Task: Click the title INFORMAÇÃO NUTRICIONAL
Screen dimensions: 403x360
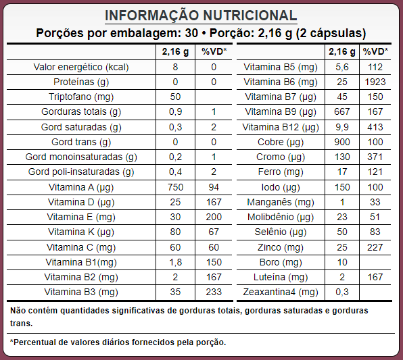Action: tap(201, 16)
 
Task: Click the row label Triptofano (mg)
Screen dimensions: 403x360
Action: tap(81, 97)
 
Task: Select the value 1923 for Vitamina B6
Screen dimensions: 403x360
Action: tap(375, 82)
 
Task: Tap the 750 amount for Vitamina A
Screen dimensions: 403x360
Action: tap(175, 187)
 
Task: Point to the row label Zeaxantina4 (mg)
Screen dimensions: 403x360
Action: tap(281, 292)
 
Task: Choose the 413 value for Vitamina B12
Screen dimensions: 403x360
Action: tap(375, 127)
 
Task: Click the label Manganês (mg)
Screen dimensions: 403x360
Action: tap(281, 203)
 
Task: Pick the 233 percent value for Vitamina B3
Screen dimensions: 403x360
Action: tap(214, 292)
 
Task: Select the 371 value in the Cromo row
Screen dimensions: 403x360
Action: tap(375, 157)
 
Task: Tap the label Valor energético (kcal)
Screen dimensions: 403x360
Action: tap(81, 68)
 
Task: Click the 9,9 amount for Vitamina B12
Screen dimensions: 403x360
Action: tap(342, 127)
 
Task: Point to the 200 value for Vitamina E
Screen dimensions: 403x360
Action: tap(214, 217)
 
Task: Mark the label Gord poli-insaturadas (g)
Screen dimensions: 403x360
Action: tap(81, 172)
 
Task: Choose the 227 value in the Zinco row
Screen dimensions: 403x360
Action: tap(375, 247)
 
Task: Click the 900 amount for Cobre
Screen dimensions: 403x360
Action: tap(342, 142)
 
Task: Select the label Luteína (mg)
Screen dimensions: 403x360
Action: tap(281, 278)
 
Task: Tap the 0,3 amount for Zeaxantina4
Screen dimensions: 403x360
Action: tap(342, 292)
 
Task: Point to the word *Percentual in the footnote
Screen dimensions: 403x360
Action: tap(32, 342)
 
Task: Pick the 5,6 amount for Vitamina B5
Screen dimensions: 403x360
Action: tap(342, 68)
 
